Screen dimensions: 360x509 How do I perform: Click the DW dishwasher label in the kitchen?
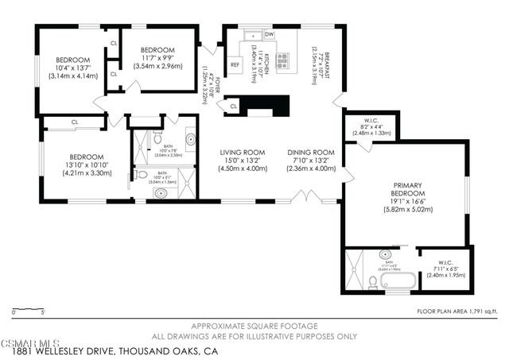[269, 35]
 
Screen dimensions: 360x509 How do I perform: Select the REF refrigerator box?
[235, 65]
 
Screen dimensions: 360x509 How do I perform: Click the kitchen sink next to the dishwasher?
[251, 35]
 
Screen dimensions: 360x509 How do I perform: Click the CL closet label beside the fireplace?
[234, 106]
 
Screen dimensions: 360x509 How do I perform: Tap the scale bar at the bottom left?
[28, 311]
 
